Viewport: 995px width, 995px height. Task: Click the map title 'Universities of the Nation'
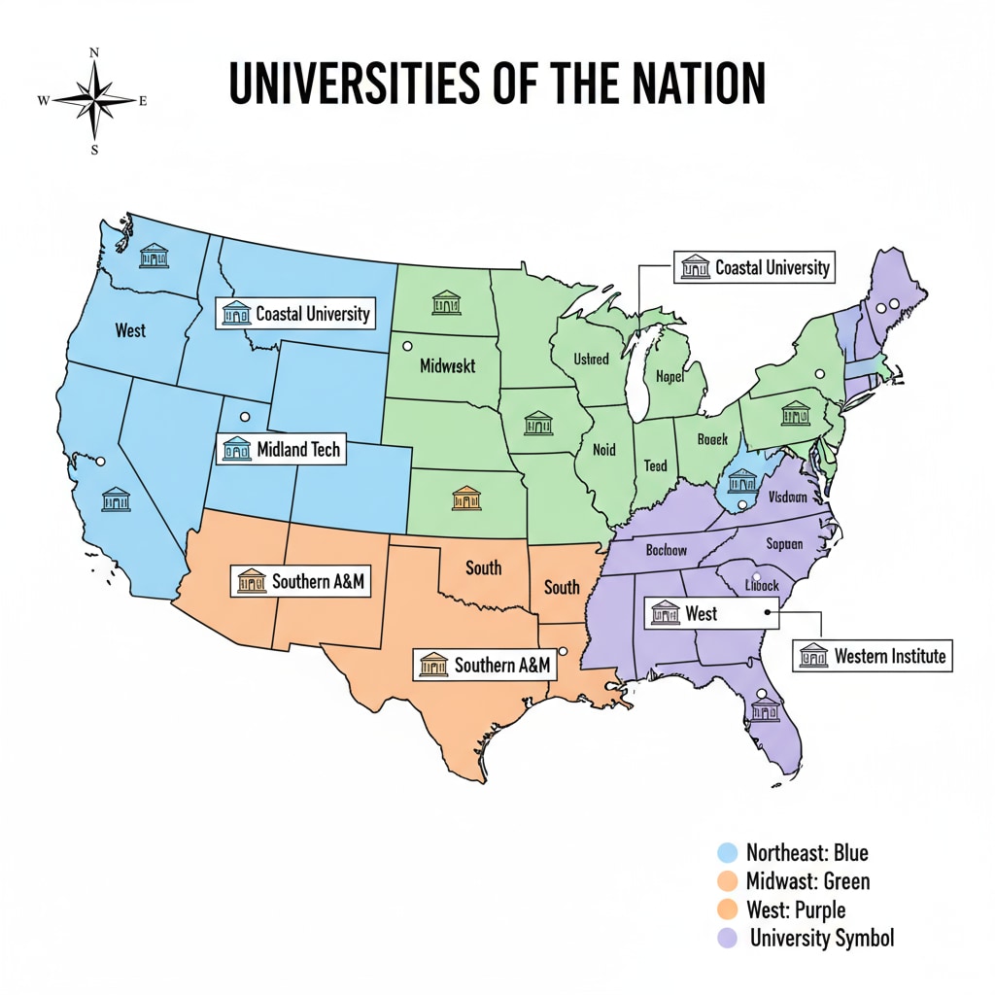(497, 85)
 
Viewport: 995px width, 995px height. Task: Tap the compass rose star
(94, 100)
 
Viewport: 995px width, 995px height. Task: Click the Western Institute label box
(871, 656)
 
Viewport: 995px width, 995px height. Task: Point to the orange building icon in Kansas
(466, 499)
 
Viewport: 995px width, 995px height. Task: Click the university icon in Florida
(765, 710)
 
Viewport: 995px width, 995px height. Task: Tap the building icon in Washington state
(154, 256)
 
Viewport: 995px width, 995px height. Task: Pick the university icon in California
(116, 500)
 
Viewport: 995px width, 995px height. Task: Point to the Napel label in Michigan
(670, 376)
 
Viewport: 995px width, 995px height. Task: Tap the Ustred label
(591, 360)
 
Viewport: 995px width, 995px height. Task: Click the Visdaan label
(787, 497)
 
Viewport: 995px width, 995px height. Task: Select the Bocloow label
(667, 550)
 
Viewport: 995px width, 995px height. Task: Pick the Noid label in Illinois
(603, 450)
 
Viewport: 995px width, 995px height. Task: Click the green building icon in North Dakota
(446, 302)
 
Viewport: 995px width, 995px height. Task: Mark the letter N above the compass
(94, 53)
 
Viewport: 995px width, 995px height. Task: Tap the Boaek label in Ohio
(712, 440)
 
